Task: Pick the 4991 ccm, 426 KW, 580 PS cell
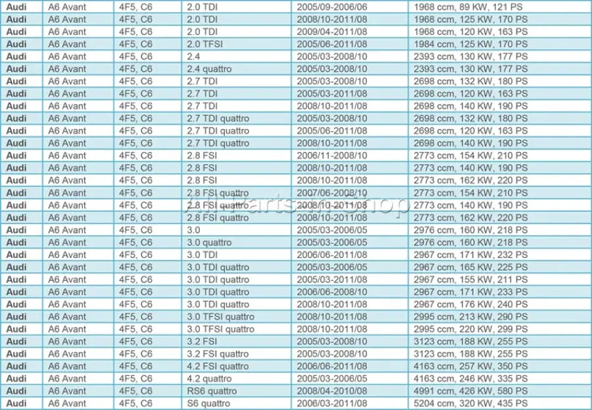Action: [x=470, y=391]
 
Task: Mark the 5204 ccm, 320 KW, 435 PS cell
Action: [x=470, y=403]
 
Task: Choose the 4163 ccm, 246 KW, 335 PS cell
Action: [x=470, y=378]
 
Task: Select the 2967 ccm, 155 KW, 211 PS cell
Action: [x=470, y=279]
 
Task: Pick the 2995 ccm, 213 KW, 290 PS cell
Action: [x=470, y=317]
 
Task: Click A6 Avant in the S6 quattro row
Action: [x=67, y=403]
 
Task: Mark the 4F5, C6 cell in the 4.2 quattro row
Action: [x=136, y=378]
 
